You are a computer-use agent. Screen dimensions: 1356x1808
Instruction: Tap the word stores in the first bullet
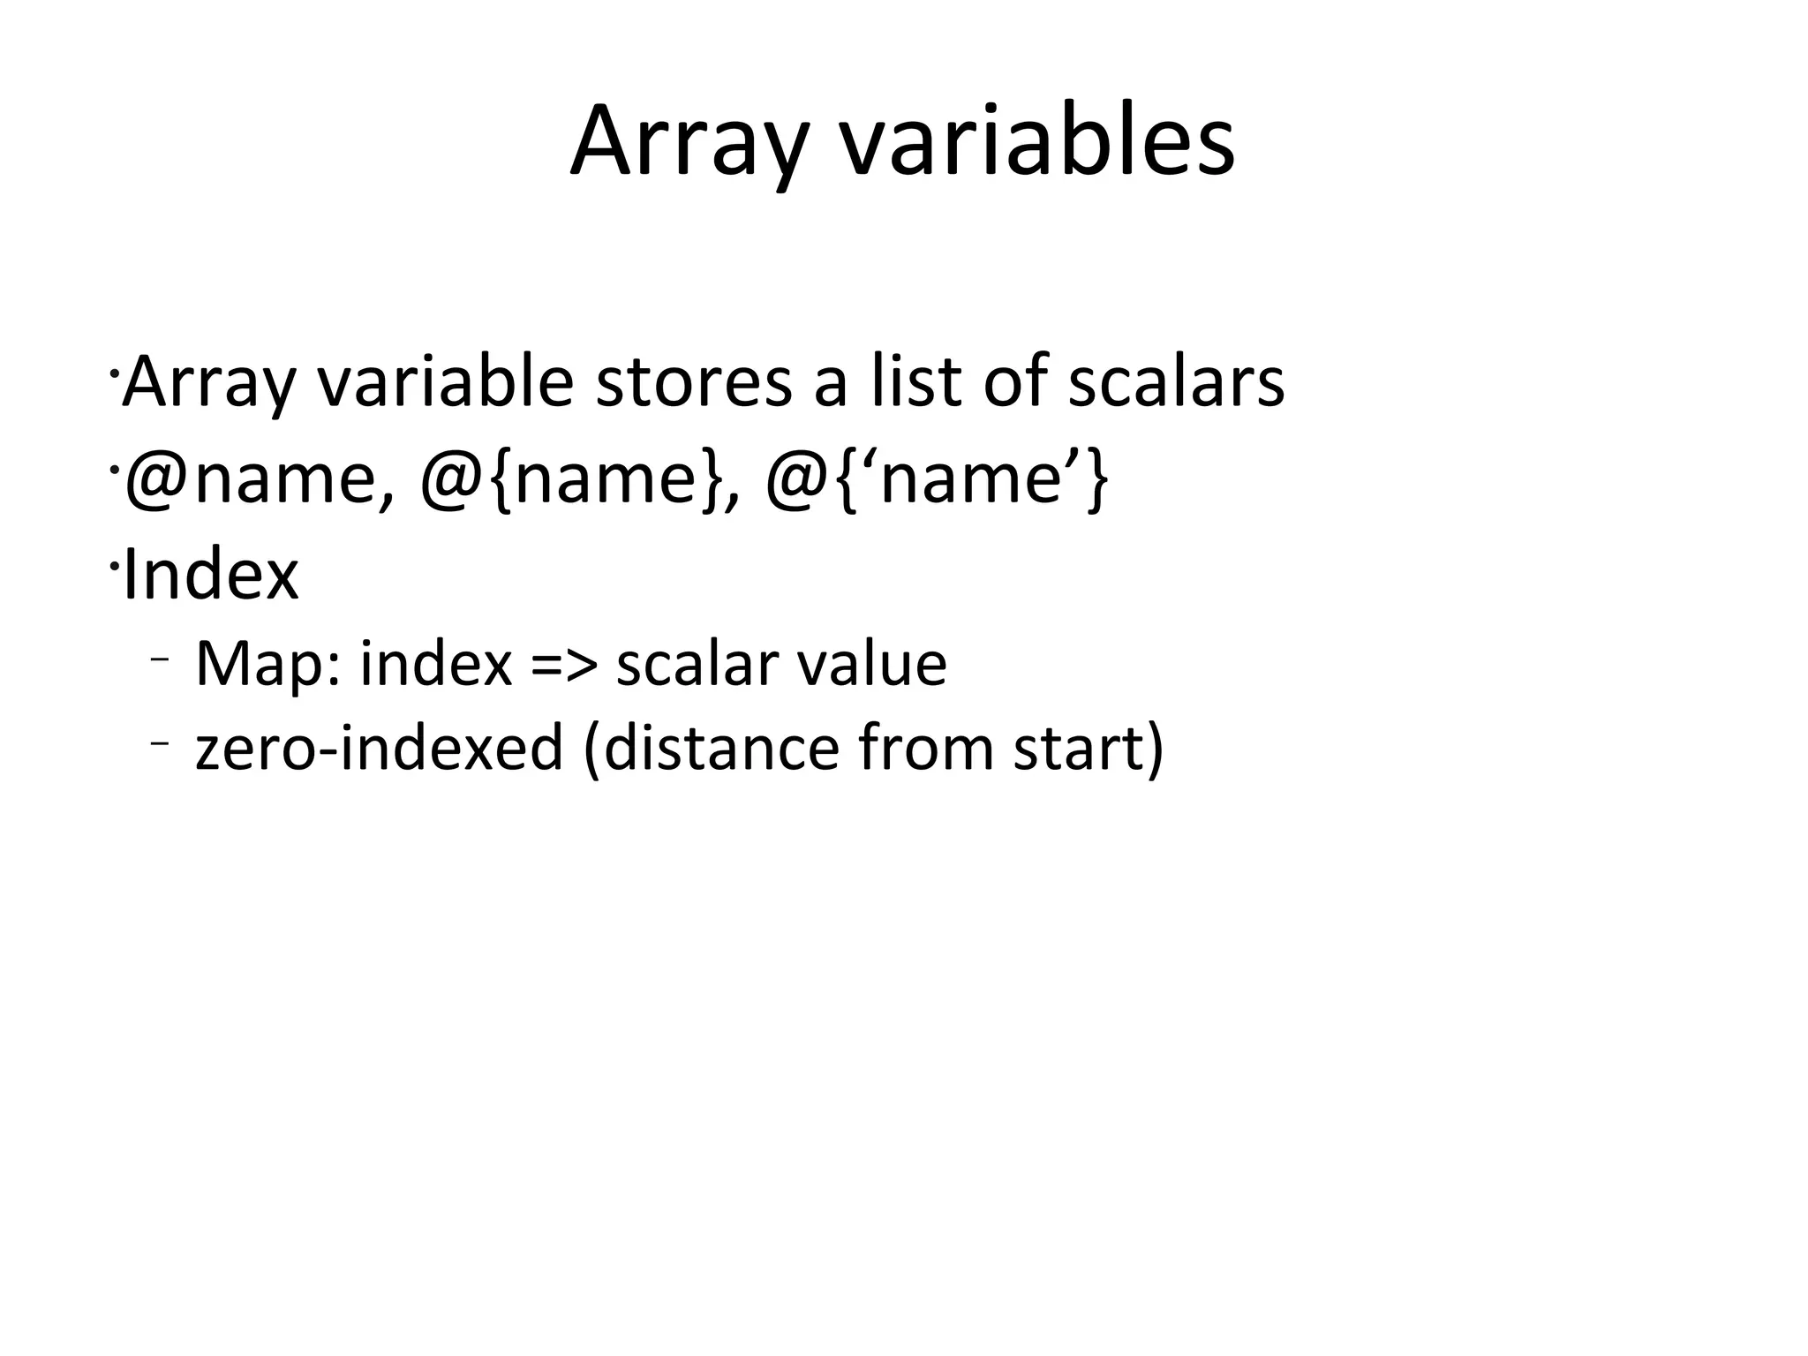pos(694,381)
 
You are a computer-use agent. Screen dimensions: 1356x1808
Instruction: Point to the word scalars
pos(1175,381)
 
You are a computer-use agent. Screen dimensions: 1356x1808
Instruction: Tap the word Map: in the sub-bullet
pos(267,664)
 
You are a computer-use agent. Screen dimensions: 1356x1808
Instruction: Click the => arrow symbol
pos(564,664)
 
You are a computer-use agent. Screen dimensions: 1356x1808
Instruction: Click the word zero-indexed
pos(379,747)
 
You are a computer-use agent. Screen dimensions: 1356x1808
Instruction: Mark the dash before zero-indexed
pos(159,742)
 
